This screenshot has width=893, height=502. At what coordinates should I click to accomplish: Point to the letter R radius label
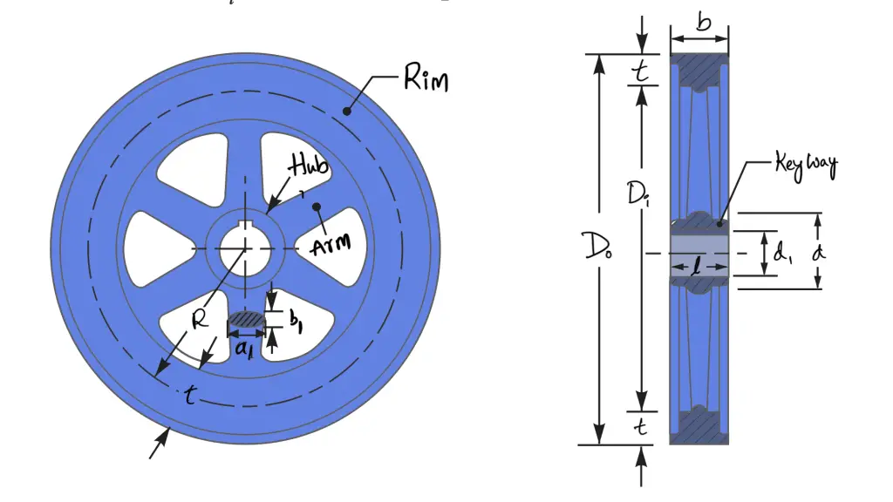200,318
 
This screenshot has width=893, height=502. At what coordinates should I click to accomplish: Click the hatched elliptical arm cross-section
247,321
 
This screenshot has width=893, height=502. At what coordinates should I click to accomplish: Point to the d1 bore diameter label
783,254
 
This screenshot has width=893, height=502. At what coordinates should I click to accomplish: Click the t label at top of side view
641,74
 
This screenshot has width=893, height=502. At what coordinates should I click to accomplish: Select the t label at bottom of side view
641,426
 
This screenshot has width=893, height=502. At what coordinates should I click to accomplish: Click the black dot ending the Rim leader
348,111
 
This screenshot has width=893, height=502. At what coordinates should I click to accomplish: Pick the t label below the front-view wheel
188,397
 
